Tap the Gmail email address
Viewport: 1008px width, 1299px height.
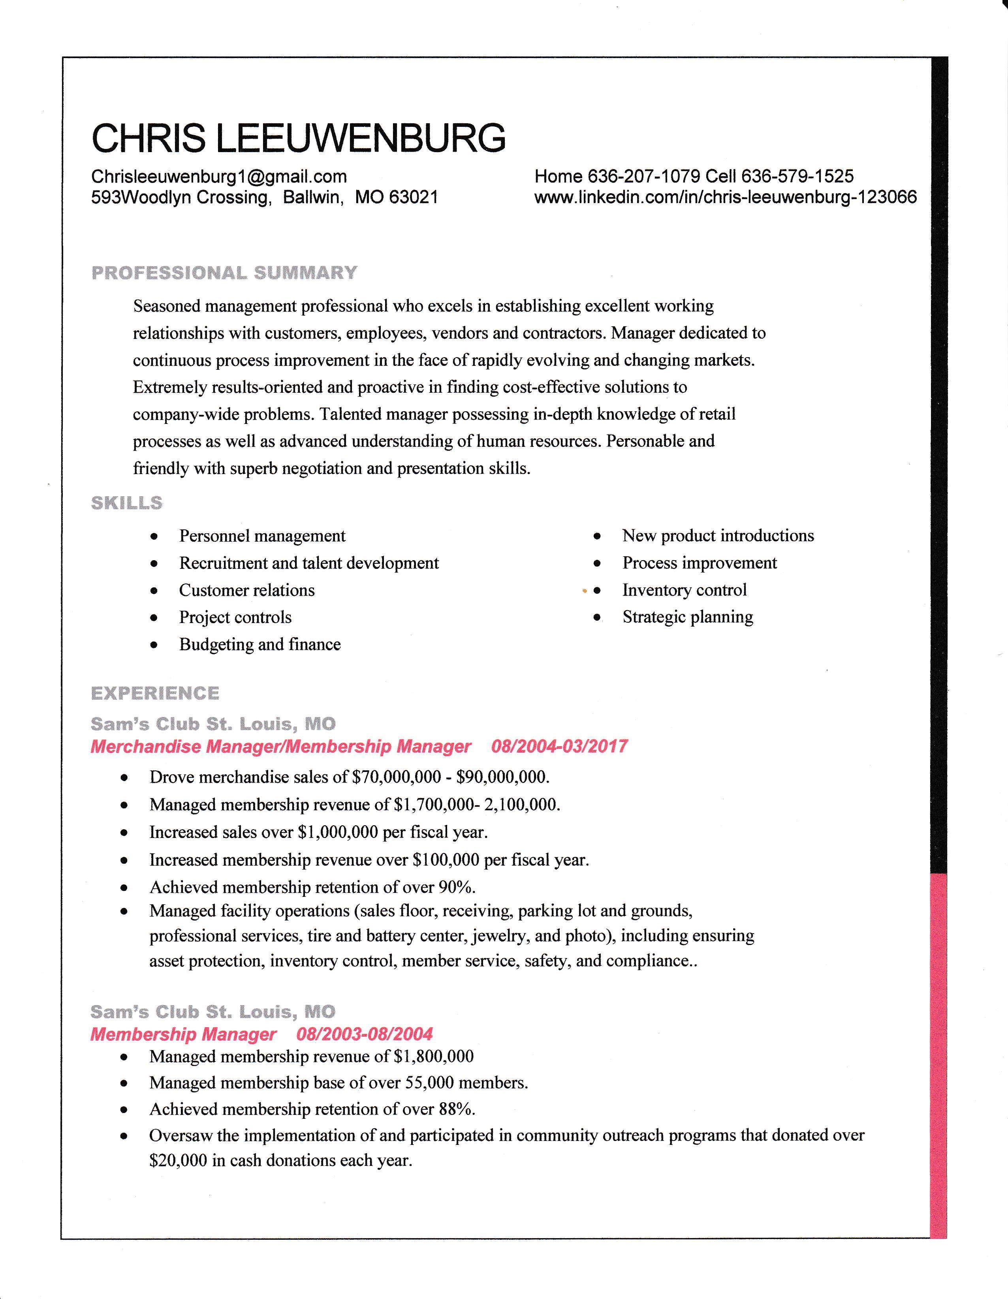[x=219, y=176]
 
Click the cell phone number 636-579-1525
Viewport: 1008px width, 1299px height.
[x=797, y=176]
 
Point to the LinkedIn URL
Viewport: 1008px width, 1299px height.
[x=726, y=197]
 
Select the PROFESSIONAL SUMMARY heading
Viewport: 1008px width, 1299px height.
[x=224, y=273]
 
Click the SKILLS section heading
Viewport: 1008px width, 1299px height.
[x=127, y=503]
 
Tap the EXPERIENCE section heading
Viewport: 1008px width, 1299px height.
[x=155, y=693]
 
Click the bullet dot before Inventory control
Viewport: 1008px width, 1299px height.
[x=598, y=591]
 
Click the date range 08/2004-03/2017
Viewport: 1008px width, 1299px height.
[x=559, y=746]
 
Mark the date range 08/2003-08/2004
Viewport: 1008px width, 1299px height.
[x=365, y=1034]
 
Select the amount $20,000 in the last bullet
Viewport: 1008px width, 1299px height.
[x=179, y=1160]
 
